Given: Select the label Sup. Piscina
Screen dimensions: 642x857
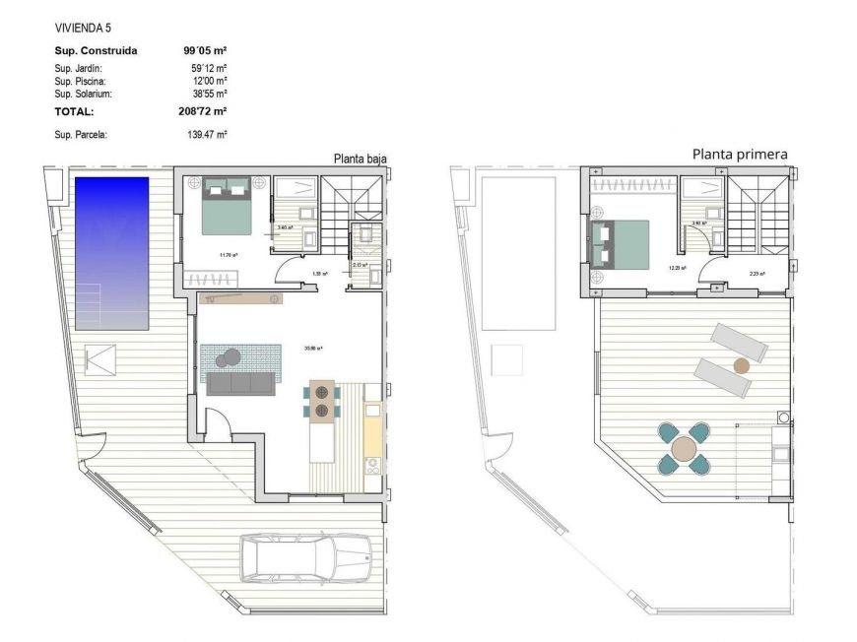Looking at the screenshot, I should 80,81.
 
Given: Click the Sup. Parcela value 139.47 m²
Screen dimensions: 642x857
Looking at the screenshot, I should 206,134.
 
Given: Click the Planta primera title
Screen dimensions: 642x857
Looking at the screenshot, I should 740,154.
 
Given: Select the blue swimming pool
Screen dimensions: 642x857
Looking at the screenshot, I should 111,253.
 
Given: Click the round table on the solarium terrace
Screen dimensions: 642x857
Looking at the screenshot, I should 685,449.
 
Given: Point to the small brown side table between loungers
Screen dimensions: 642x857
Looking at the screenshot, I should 741,365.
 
